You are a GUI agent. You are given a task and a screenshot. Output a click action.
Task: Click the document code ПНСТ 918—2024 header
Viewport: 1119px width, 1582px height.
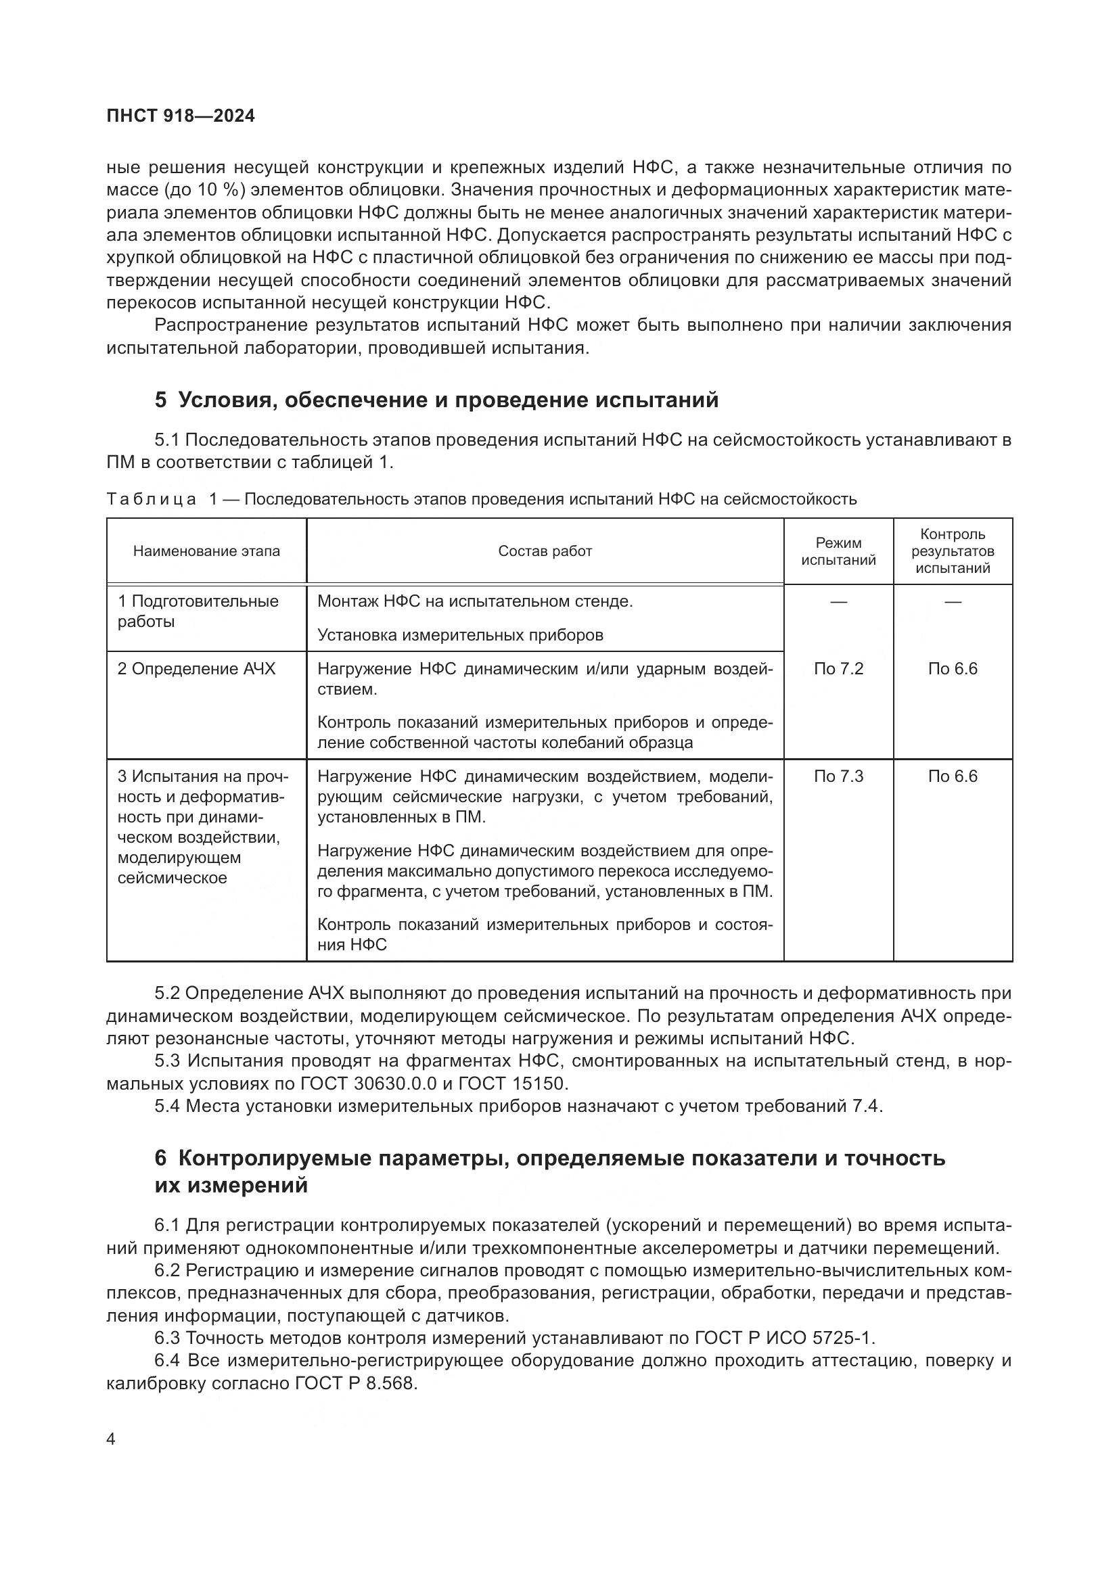181,116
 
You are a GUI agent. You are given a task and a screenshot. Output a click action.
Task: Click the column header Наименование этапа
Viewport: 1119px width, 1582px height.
207,551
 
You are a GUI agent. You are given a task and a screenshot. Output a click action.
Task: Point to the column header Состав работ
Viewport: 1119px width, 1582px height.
545,551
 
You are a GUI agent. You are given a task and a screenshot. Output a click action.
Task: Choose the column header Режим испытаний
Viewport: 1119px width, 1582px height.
838,552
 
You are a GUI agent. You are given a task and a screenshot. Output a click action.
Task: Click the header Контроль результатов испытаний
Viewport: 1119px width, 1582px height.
953,551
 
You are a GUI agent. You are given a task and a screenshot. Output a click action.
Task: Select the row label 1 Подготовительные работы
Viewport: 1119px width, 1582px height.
198,611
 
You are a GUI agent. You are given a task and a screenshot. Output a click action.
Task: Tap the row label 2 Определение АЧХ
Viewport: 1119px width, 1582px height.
196,669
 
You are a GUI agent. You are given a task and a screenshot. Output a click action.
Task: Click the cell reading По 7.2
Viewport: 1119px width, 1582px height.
838,669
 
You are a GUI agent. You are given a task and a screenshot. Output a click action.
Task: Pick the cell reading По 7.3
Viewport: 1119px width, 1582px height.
838,776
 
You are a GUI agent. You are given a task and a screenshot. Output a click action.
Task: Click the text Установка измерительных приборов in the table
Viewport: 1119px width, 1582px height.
460,635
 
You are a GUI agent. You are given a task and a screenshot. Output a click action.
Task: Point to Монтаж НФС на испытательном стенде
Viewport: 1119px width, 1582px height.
475,601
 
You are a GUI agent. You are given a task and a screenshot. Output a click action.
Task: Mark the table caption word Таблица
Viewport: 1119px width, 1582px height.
152,500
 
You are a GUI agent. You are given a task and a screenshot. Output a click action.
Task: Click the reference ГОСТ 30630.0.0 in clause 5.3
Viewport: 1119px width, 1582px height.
369,1084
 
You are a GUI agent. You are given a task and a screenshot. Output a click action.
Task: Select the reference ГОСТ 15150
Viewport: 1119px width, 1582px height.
511,1084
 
